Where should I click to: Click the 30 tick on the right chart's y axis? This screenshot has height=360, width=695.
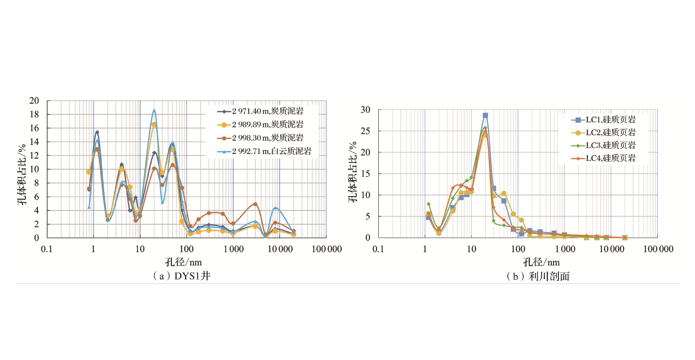click(366, 110)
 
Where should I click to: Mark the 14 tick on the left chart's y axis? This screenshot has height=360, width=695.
click(35, 142)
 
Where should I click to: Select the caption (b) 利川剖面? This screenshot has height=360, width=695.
click(538, 276)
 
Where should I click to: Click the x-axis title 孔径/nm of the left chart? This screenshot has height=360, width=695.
click(184, 262)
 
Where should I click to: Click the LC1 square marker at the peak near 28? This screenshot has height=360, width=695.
click(485, 115)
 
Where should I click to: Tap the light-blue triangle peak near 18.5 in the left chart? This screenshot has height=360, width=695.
click(154, 111)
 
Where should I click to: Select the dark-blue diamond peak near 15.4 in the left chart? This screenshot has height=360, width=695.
click(97, 132)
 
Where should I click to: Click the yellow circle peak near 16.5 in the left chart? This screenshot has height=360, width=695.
click(154, 124)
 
